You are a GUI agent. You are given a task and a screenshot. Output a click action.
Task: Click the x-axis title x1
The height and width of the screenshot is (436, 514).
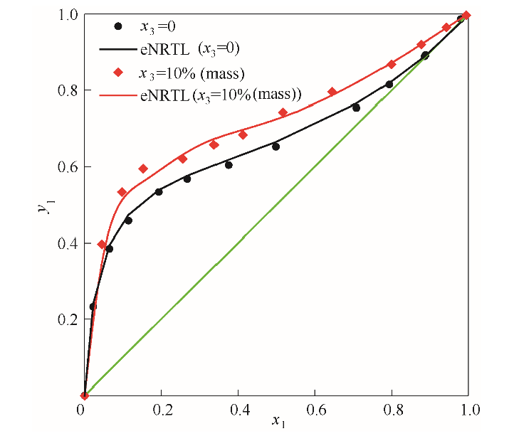pyautogui.click(x=277, y=422)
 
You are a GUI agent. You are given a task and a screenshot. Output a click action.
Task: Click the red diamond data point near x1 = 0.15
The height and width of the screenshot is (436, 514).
pyautogui.click(x=143, y=169)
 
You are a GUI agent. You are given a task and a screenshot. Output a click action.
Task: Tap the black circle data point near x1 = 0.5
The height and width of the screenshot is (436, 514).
pyautogui.click(x=276, y=147)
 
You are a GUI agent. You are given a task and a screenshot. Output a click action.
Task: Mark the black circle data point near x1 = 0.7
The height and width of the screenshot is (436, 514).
pyautogui.click(x=356, y=107)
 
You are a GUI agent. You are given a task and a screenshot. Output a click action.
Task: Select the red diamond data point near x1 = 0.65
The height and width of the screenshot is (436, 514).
pyautogui.click(x=332, y=92)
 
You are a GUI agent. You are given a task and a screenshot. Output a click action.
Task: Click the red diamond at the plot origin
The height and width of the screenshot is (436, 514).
pyautogui.click(x=84, y=395)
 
